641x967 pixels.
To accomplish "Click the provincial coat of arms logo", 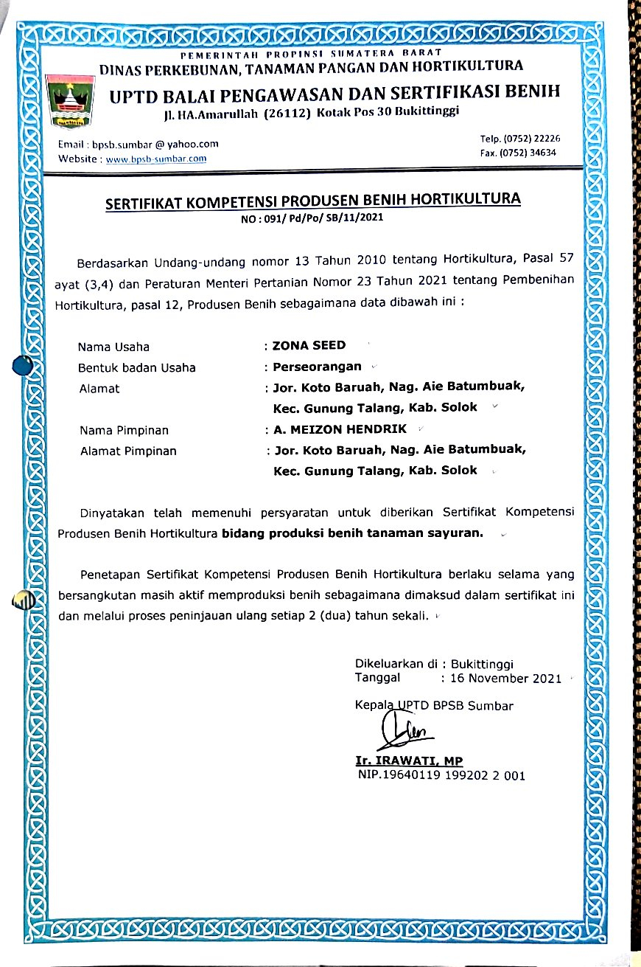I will [71, 100].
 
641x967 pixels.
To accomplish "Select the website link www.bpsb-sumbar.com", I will [156, 159].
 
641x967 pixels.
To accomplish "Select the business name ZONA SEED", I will [309, 345].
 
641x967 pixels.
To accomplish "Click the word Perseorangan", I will [318, 367].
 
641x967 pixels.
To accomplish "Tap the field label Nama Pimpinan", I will [124, 430].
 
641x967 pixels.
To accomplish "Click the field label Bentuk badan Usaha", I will [137, 367].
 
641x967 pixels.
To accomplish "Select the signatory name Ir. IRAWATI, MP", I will [409, 761].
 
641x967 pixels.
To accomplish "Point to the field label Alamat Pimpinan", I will [128, 451].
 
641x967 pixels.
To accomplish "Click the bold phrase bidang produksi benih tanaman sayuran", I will [352, 533].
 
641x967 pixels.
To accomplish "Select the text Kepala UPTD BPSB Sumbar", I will [434, 706].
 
